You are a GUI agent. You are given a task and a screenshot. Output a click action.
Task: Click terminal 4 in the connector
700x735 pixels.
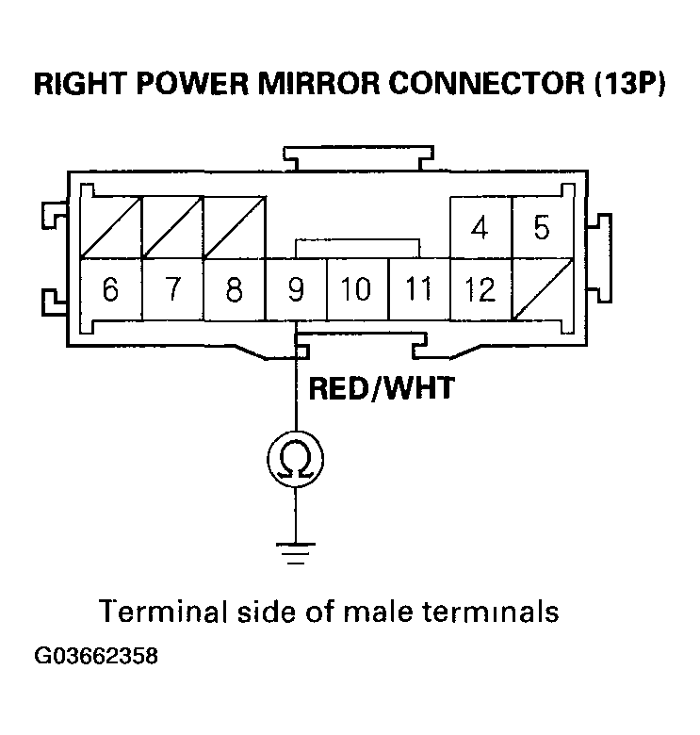[480, 228]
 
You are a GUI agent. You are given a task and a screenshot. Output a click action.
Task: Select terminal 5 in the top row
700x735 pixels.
[542, 228]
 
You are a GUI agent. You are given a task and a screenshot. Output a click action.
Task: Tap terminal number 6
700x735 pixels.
[110, 289]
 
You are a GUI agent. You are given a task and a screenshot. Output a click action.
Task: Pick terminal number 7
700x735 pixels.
[172, 289]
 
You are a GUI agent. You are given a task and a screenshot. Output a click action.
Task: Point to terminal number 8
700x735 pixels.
[234, 289]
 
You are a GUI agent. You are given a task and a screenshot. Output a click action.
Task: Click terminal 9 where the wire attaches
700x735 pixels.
[296, 289]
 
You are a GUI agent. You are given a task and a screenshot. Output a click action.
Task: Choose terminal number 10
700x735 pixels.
[357, 289]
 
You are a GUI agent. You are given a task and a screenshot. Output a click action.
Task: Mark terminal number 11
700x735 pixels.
[418, 289]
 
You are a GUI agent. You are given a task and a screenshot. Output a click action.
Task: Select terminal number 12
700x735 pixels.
[480, 289]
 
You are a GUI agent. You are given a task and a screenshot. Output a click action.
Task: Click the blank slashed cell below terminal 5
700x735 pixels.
[542, 289]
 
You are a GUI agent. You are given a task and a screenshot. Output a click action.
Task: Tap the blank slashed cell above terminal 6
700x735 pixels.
[110, 228]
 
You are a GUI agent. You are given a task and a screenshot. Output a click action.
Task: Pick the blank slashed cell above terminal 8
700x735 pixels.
[234, 228]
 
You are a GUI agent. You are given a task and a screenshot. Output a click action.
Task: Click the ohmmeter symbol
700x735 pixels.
[296, 459]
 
